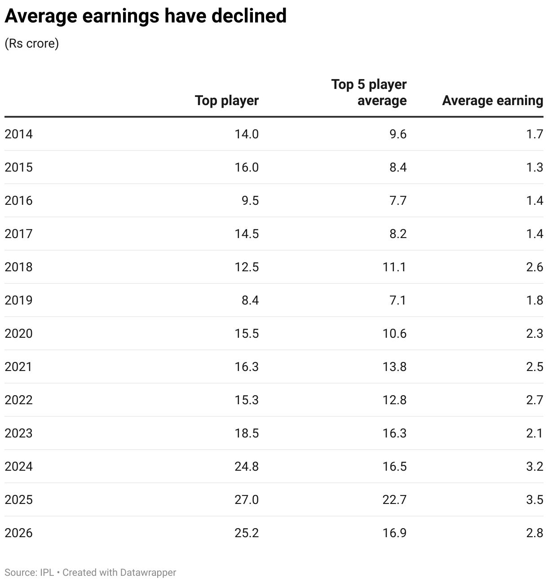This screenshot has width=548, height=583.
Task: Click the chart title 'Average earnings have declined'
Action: [146, 16]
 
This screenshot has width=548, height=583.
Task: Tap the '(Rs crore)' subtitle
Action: [32, 44]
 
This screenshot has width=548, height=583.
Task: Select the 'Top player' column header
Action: [227, 101]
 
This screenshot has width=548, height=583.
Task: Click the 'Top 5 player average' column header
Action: [369, 93]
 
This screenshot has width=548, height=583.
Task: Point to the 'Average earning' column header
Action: [493, 101]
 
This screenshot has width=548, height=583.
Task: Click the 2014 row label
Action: [18, 134]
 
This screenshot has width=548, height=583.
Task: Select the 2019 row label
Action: [18, 300]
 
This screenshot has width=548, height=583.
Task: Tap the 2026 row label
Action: [18, 533]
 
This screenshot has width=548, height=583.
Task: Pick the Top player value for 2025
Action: [247, 499]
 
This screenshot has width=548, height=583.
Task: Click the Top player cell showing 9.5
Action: [250, 200]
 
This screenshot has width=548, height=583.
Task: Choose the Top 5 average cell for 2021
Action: [394, 367]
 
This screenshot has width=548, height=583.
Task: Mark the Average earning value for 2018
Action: [535, 267]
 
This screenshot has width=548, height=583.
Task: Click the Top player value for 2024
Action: [247, 467]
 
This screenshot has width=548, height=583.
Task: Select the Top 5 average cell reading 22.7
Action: [394, 499]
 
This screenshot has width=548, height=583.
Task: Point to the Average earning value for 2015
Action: [535, 168]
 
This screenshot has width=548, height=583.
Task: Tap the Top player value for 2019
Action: [250, 300]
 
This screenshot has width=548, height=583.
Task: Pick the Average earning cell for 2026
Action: [535, 533]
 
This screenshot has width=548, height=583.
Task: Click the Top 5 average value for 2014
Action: [398, 134]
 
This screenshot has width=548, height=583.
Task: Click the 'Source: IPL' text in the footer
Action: [29, 572]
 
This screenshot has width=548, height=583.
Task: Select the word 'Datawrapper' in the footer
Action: [148, 573]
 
